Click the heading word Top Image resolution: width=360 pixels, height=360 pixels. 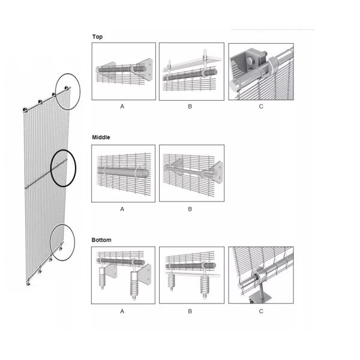tap(97, 37)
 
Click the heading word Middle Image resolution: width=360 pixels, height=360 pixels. tap(101, 137)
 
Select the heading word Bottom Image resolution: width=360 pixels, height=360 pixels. tap(101, 240)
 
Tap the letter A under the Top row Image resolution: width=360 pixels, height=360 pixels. tap(122, 107)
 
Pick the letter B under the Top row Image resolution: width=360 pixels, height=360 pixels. tap(190, 107)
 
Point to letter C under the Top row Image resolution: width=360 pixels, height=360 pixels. tap(261, 107)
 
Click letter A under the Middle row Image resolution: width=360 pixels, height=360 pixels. tap(122, 209)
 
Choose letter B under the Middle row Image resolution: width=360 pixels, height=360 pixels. tap(190, 209)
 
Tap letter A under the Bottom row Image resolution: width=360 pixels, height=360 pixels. tap(122, 311)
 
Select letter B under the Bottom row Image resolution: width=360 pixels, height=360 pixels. tap(190, 311)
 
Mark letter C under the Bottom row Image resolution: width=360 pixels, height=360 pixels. tap(261, 311)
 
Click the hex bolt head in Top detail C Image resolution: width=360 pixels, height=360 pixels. tap(251, 61)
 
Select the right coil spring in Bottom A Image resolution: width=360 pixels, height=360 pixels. tap(134, 285)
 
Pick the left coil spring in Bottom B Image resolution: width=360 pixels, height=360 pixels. tap(171, 281)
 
